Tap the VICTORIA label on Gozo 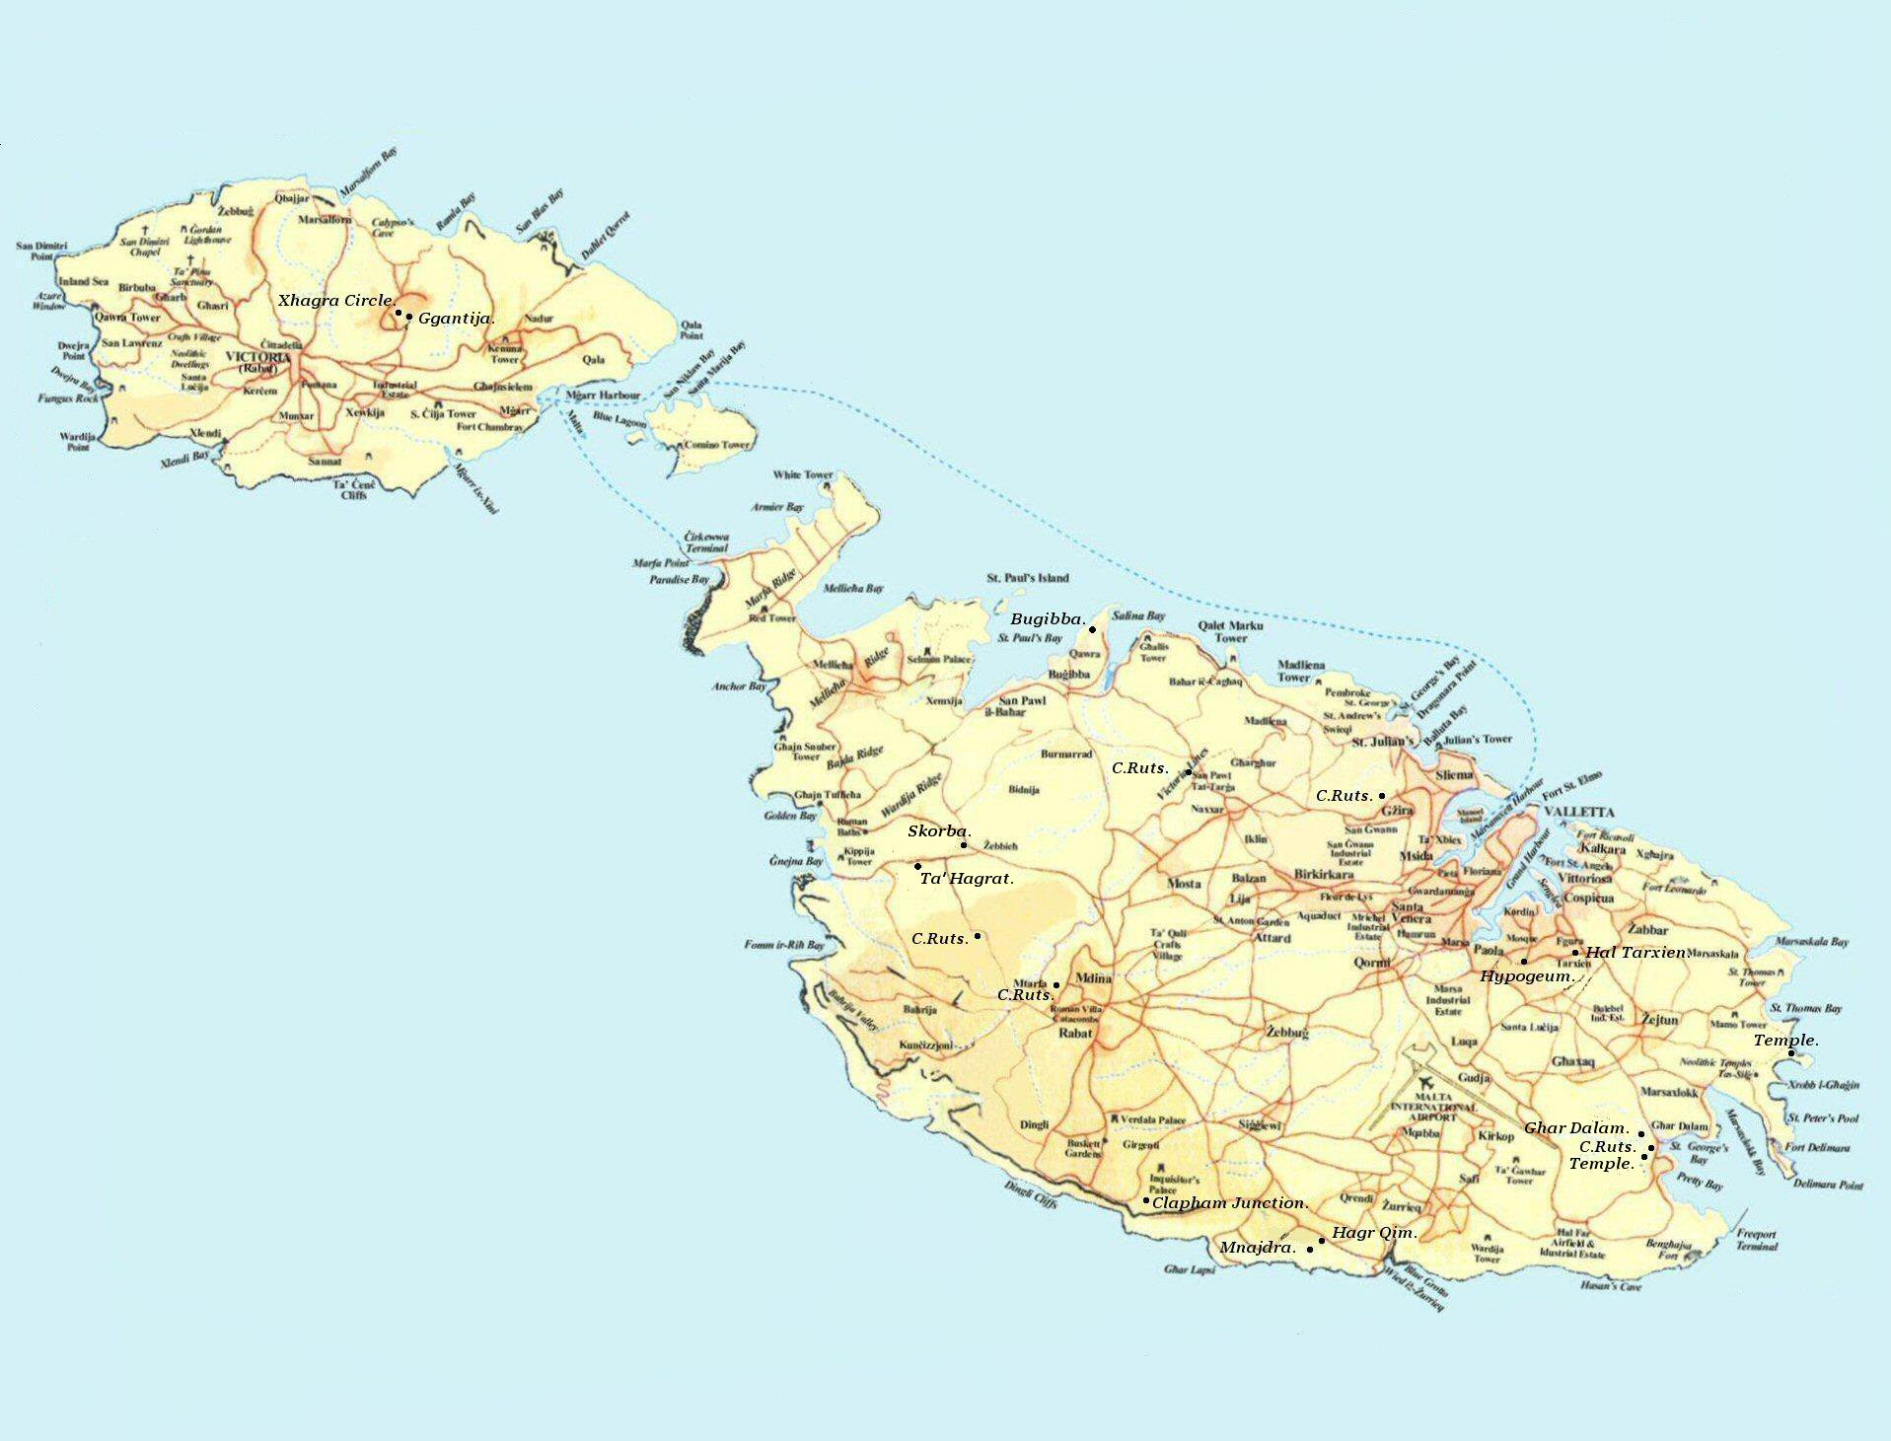[257, 357]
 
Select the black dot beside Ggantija [409, 317]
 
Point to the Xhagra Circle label [335, 300]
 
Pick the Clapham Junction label [1230, 1203]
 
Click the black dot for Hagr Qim [1322, 1241]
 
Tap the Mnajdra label [1257, 1248]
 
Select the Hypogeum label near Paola [1525, 975]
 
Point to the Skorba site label [939, 831]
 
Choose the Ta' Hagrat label [966, 878]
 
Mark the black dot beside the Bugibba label [1092, 629]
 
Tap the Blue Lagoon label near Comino [619, 420]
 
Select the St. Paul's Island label [1027, 578]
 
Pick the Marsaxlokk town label [1669, 1093]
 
